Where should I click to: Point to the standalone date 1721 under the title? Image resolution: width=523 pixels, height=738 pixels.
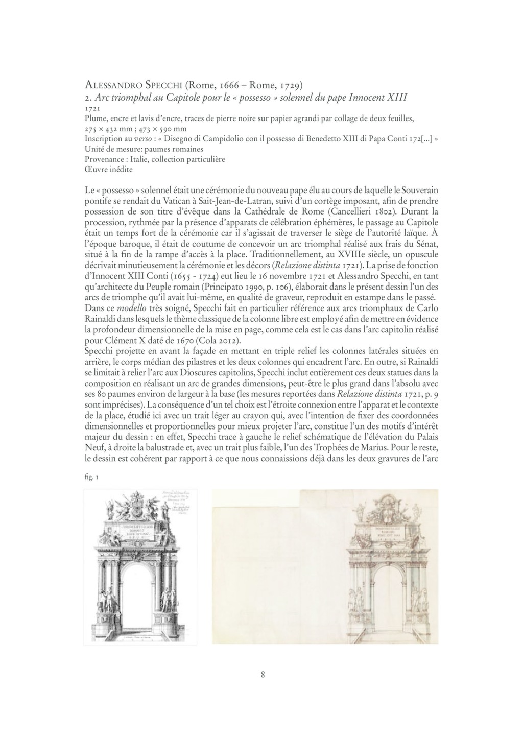pyautogui.click(x=92, y=108)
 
